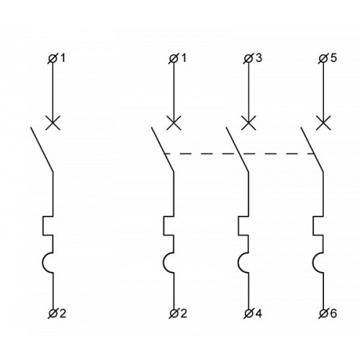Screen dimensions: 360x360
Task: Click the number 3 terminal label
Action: tap(258, 58)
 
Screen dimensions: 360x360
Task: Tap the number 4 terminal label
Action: tap(258, 313)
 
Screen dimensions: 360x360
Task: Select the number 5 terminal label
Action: tap(333, 58)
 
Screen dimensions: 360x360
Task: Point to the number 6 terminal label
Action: tap(333, 313)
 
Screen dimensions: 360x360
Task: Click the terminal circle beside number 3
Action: tap(248, 59)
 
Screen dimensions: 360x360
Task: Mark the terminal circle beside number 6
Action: tap(323, 313)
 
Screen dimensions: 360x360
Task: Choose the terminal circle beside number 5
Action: tap(323, 59)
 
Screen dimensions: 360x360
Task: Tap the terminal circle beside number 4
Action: tap(248, 313)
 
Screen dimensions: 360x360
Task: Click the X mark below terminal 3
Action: tap(248, 123)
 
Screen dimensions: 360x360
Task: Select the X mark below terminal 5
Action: tap(323, 123)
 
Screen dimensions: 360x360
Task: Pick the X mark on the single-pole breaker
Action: tap(53, 123)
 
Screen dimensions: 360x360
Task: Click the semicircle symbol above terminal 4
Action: tap(238, 263)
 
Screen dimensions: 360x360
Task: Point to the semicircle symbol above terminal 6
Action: tap(313, 263)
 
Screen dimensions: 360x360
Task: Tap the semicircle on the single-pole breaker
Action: tap(43, 263)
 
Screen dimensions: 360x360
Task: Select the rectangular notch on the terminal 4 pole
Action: tap(238, 226)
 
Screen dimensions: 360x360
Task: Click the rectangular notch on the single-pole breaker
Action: tap(43, 226)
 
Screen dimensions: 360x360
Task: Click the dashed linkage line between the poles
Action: tap(239, 153)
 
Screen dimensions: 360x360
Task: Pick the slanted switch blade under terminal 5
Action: tap(312, 149)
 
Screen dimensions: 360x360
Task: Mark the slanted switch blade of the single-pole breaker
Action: tap(42, 149)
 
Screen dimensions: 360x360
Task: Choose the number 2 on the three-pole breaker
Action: tap(184, 313)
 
